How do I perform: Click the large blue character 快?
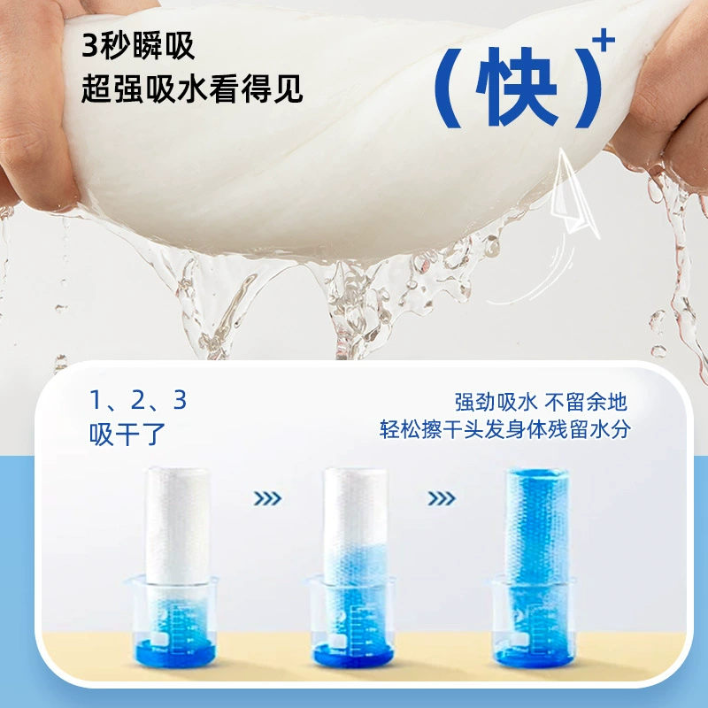(x=518, y=85)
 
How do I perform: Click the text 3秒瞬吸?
(x=138, y=46)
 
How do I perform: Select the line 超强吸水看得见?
(x=192, y=88)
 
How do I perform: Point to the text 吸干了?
(x=127, y=435)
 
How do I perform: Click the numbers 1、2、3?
(x=138, y=400)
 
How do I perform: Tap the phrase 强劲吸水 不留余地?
(x=541, y=402)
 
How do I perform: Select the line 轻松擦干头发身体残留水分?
(x=504, y=429)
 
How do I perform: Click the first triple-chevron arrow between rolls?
(x=267, y=498)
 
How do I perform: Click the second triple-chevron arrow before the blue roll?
(x=441, y=498)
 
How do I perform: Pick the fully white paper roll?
(x=178, y=527)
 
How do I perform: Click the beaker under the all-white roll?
(x=173, y=621)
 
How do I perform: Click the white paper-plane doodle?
(x=573, y=194)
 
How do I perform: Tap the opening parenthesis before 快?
(x=447, y=87)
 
